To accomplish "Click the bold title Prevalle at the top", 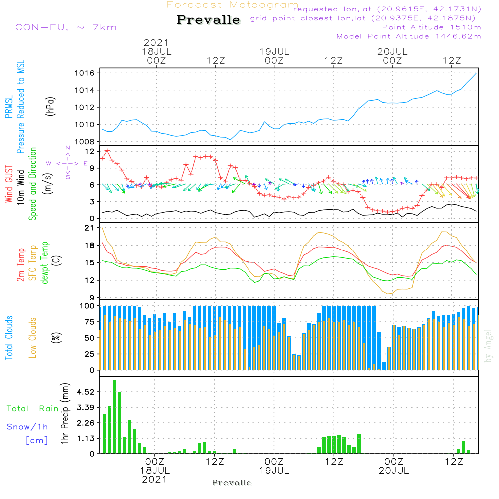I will click(x=208, y=20).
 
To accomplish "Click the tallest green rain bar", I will click(x=115, y=417).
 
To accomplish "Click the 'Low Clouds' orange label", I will click(x=33, y=338).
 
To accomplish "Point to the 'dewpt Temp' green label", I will click(x=45, y=263).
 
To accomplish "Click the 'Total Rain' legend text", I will click(x=33, y=409).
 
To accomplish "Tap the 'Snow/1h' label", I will click(x=28, y=427).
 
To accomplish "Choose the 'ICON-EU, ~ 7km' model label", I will click(x=64, y=27).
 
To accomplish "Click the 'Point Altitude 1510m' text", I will click(x=431, y=27).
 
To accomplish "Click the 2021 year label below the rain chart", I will click(x=155, y=480).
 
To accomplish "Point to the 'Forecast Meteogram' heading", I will click(x=233, y=5).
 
